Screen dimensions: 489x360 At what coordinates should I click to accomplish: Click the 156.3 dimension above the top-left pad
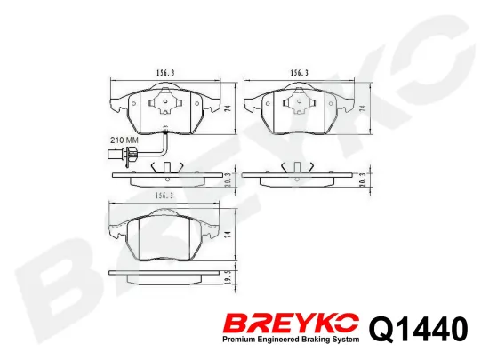(x=165, y=73)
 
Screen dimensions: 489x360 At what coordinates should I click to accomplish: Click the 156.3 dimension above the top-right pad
(x=300, y=73)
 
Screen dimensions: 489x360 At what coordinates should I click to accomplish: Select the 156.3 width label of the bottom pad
(x=164, y=196)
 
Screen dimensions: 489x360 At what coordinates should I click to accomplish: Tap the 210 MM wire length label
(x=124, y=140)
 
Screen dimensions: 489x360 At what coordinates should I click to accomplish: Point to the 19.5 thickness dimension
(x=230, y=277)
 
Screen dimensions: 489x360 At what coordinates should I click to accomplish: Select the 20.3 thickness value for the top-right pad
(x=363, y=180)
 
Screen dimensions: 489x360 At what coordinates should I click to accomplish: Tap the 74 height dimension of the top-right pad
(x=363, y=108)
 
